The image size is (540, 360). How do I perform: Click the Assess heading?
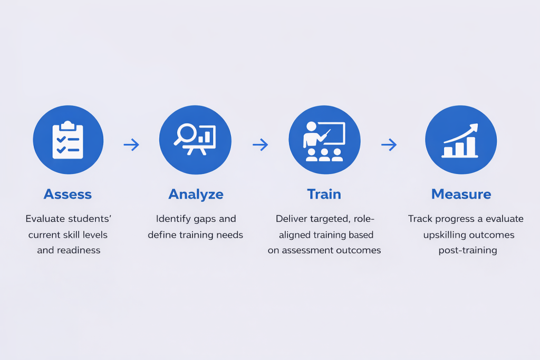click(x=67, y=194)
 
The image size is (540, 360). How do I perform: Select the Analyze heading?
click(x=196, y=194)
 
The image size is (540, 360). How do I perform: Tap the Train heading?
click(x=324, y=194)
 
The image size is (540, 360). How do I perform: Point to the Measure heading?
click(x=461, y=194)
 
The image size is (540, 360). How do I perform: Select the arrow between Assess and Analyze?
click(x=131, y=145)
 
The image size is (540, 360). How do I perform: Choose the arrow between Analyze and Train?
click(x=260, y=145)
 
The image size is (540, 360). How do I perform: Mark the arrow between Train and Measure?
click(x=389, y=145)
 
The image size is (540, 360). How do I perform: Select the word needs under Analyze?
click(x=230, y=235)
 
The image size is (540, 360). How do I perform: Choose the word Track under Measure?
click(x=420, y=218)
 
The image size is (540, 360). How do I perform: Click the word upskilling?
click(x=445, y=235)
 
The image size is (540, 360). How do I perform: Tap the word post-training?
click(x=468, y=250)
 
